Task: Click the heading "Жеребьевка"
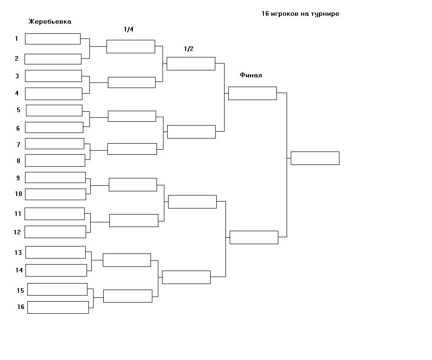(x=50, y=22)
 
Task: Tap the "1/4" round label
(x=128, y=30)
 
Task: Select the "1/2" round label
(x=188, y=49)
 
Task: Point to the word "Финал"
(x=251, y=75)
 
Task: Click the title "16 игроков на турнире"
(x=300, y=14)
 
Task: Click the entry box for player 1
(x=53, y=39)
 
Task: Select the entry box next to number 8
(x=55, y=160)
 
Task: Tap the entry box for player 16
(x=58, y=307)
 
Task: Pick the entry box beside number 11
(x=55, y=214)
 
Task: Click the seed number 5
(x=19, y=110)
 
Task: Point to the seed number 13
(x=18, y=253)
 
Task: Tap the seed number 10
(x=19, y=194)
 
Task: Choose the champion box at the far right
(x=315, y=158)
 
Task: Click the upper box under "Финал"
(x=252, y=93)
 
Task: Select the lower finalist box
(x=254, y=237)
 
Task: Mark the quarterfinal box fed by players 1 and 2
(x=131, y=46)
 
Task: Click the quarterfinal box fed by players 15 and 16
(x=127, y=296)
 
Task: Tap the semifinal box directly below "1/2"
(x=191, y=63)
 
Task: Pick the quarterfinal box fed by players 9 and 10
(x=133, y=184)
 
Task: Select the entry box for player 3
(x=53, y=76)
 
